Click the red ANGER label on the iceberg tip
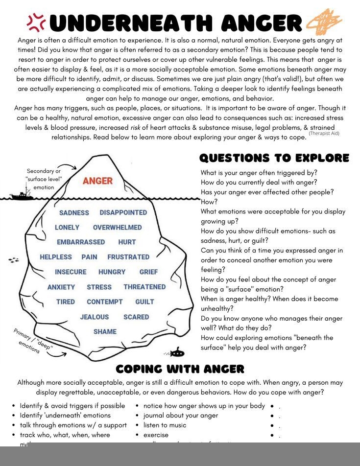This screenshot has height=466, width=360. [97, 181]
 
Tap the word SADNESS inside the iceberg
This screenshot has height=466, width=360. [74, 213]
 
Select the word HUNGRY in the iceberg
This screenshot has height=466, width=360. [112, 272]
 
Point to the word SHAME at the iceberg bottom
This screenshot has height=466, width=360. [105, 332]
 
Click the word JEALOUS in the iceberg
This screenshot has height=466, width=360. [95, 317]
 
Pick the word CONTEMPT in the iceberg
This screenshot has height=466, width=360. [105, 302]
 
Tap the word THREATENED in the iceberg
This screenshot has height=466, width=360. [144, 287]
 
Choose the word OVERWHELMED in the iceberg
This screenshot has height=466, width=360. [117, 228]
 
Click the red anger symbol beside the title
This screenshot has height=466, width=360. [36, 21]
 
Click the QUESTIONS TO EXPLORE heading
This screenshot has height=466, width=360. [274, 158]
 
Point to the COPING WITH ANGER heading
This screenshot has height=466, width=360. [180, 369]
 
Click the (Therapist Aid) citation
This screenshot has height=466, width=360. [324, 133]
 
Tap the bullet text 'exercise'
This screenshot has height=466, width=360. [156, 435]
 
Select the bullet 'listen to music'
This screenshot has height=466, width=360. [165, 425]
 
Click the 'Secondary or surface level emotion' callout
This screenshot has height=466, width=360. [44, 179]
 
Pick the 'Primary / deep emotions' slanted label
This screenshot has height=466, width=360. [32, 342]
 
